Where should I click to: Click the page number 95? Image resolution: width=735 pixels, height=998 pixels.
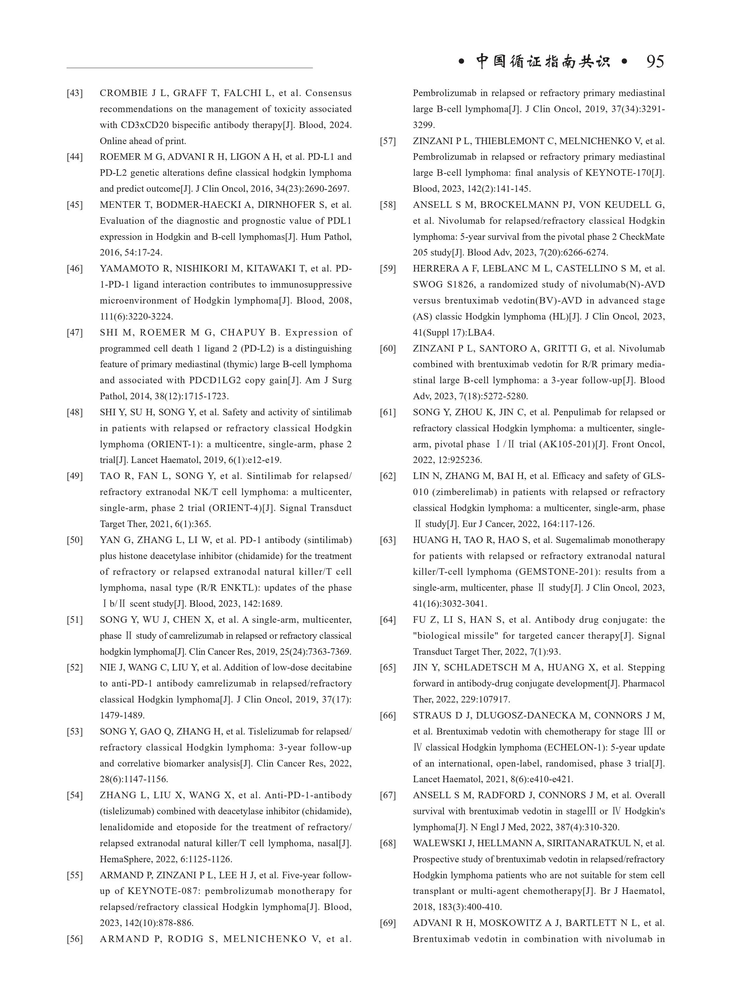click(x=655, y=61)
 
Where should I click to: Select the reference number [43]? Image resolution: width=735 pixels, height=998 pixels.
click(x=75, y=93)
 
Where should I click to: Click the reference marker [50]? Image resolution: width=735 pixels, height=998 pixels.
click(x=75, y=540)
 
